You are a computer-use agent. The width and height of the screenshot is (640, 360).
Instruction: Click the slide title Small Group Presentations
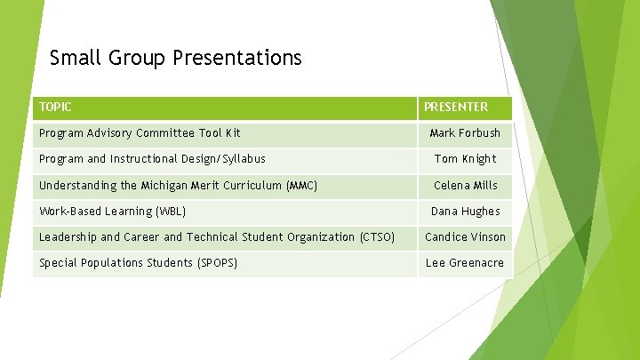pyautogui.click(x=176, y=59)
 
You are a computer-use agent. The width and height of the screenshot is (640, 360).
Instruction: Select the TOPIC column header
pyautogui.click(x=55, y=108)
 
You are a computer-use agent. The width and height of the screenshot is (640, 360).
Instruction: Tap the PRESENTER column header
pyautogui.click(x=455, y=108)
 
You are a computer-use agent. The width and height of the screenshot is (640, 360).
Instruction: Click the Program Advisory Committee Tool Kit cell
pyautogui.click(x=140, y=133)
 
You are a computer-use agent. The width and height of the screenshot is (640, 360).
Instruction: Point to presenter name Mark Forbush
pyautogui.click(x=465, y=133)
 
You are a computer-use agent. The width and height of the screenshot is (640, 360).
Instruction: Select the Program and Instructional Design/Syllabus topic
pyautogui.click(x=152, y=159)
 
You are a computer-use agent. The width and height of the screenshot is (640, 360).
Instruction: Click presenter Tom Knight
pyautogui.click(x=465, y=159)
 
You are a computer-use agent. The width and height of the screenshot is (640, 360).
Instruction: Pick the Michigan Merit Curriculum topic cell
pyautogui.click(x=178, y=186)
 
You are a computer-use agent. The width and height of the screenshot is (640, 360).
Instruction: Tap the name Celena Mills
pyautogui.click(x=465, y=186)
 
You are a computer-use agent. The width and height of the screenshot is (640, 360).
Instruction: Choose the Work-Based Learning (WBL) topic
pyautogui.click(x=113, y=212)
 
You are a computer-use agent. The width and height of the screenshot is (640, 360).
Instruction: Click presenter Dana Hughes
pyautogui.click(x=465, y=212)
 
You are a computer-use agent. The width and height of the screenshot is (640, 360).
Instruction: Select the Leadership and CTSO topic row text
pyautogui.click(x=217, y=237)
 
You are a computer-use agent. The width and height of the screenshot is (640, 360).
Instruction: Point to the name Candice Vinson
pyautogui.click(x=465, y=237)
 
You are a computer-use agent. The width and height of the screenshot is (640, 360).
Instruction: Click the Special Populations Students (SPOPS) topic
pyautogui.click(x=138, y=263)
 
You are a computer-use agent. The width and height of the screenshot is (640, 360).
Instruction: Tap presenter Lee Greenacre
pyautogui.click(x=465, y=263)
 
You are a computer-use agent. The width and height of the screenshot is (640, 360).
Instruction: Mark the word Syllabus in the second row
pyautogui.click(x=242, y=159)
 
